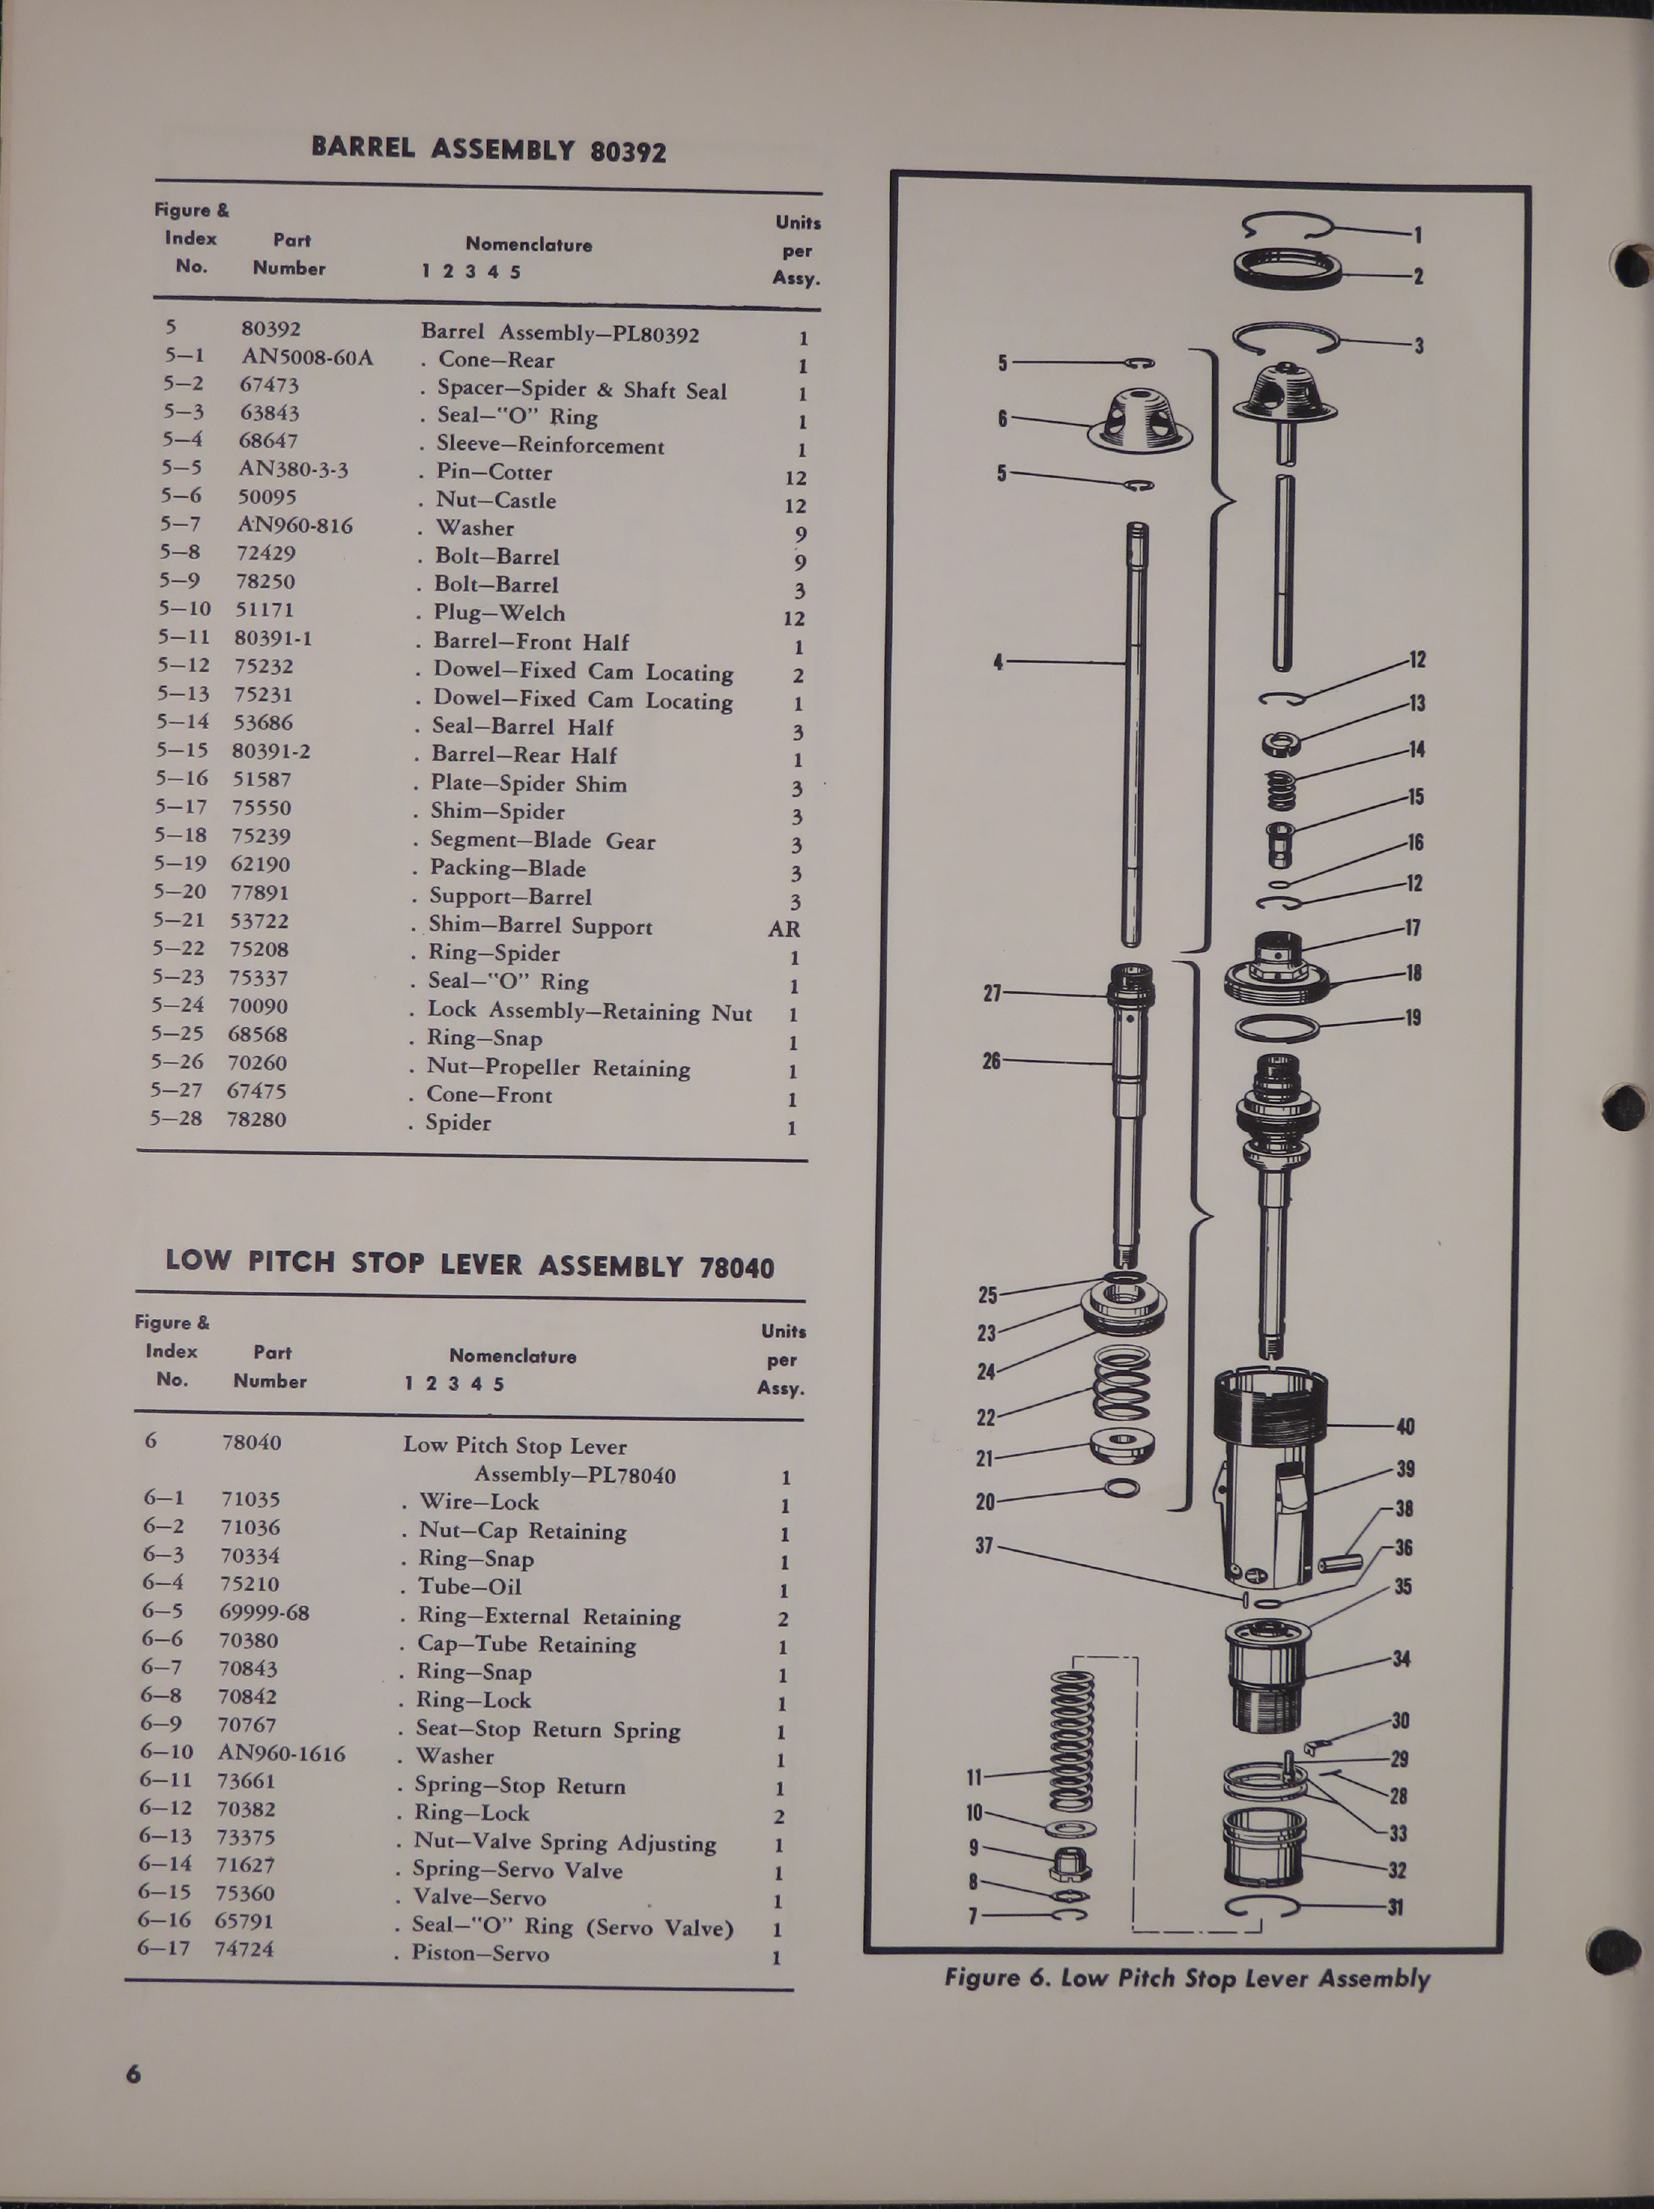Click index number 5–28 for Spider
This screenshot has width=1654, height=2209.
(177, 1119)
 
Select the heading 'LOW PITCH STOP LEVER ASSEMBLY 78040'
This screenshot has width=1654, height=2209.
(469, 1264)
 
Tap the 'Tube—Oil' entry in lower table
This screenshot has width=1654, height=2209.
(469, 1586)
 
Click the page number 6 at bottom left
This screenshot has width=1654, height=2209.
(134, 2073)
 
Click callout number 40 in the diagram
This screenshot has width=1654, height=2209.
(1404, 1426)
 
